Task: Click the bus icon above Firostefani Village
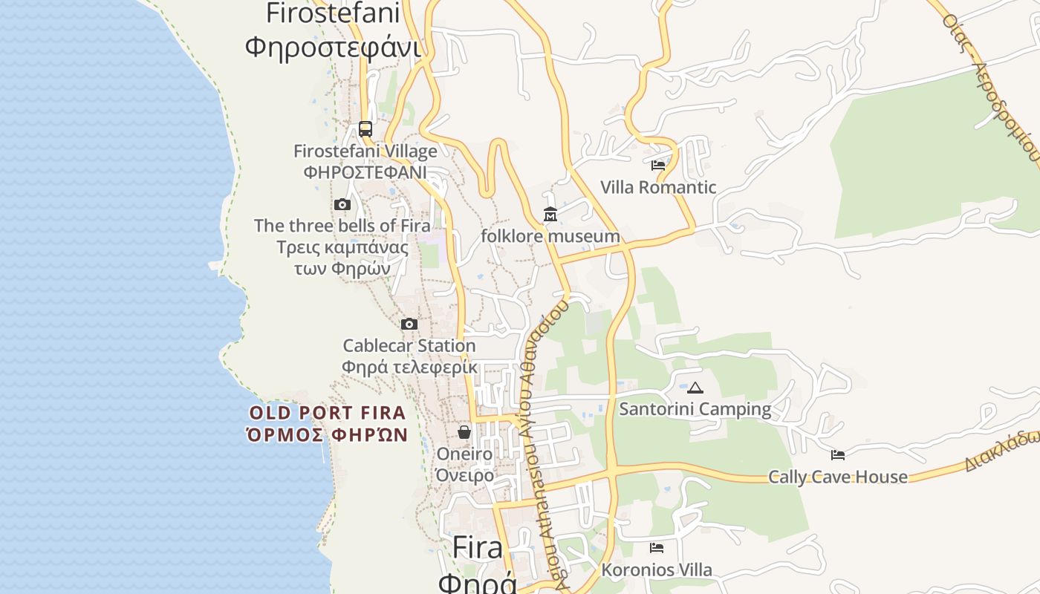pos(365,128)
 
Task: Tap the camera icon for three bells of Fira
pos(342,204)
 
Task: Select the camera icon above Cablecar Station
pos(409,324)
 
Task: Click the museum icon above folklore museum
pos(550,215)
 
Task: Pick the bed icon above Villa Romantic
pos(658,165)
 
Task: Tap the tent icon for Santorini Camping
pos(695,388)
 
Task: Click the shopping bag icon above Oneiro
pos(464,431)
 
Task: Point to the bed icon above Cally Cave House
pos(838,454)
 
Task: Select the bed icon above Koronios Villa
pos(657,548)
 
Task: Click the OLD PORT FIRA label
pos(328,413)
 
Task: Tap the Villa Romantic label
pos(658,187)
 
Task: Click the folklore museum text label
pos(550,236)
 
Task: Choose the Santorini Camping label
pos(695,409)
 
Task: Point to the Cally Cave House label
pos(838,477)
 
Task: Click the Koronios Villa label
pos(657,570)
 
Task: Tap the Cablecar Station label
pos(409,346)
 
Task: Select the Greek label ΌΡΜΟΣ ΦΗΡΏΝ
pos(328,434)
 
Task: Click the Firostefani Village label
pos(365,151)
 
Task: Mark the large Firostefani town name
pos(333,13)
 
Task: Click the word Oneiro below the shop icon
pos(464,454)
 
